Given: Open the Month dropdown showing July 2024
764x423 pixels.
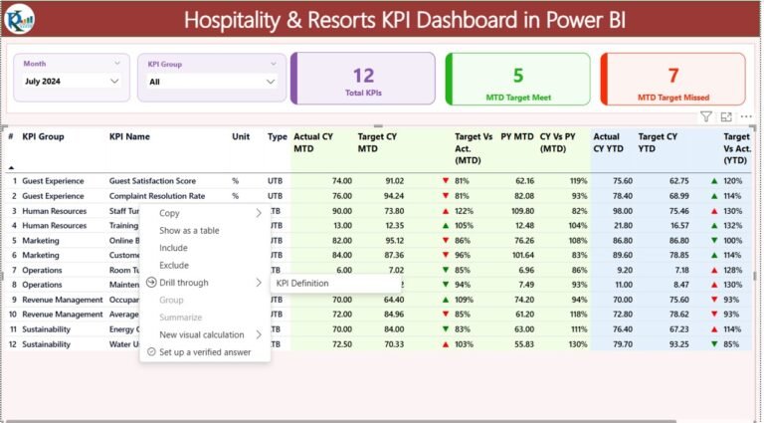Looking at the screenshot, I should tap(114, 82).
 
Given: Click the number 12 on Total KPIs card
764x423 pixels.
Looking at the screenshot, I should tap(363, 76).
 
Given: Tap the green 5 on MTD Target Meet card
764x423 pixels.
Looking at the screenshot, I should tap(517, 76).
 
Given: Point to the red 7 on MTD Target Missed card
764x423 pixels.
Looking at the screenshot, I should tap(673, 76).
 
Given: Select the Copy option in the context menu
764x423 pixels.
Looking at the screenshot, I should tap(170, 213).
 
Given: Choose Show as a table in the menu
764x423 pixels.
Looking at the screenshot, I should tap(189, 231).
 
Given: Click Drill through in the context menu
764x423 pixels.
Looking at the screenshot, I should tap(184, 283).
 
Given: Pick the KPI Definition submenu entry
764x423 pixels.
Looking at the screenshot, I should tap(302, 283).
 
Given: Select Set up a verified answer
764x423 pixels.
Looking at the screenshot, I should tap(205, 352).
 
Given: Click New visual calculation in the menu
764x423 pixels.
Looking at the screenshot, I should tap(202, 335).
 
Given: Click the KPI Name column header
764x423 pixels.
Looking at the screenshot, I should tap(130, 137).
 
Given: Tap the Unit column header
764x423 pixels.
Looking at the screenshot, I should tap(241, 137).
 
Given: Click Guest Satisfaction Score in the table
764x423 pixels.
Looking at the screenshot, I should tap(152, 181).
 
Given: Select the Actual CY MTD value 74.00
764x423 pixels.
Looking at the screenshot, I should tap(341, 181).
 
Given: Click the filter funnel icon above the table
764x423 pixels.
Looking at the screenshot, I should tap(705, 117).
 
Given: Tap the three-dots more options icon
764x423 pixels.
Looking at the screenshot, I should tap(746, 117).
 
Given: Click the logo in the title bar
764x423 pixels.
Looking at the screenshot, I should tap(21, 19).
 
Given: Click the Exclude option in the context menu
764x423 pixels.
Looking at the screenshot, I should tap(174, 266).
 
